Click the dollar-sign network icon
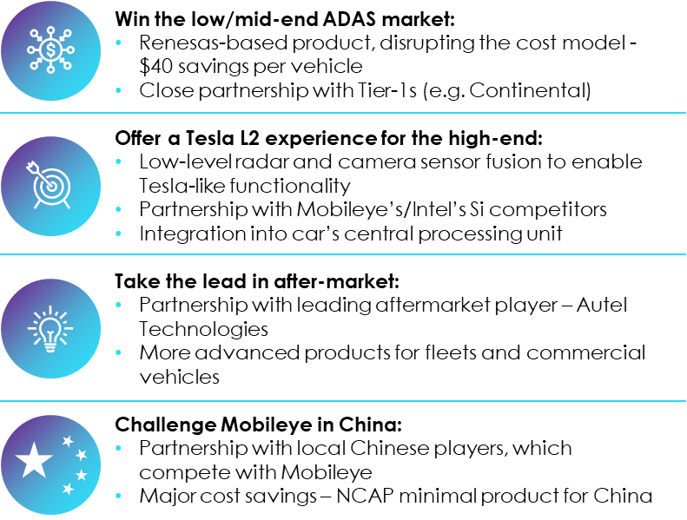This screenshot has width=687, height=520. click(x=51, y=50)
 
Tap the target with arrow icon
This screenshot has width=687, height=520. click(x=49, y=185)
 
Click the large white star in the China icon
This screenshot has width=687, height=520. click(x=34, y=459)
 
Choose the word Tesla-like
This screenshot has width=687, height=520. click(x=182, y=186)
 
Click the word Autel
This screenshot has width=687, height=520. click(x=602, y=305)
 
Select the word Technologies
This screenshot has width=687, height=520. click(x=204, y=329)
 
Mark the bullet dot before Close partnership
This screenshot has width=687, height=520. click(x=118, y=90)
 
